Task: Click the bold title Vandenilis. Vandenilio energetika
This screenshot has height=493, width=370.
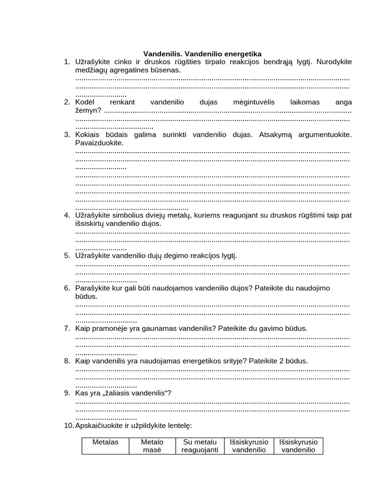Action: coord(202,54)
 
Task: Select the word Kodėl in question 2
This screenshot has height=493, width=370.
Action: coord(85,103)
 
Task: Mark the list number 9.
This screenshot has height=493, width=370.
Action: coord(66,393)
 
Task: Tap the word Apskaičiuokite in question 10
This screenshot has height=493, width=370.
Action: coord(100,426)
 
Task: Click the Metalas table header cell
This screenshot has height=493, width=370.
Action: coord(105,446)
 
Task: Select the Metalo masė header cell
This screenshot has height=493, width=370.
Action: coord(152,446)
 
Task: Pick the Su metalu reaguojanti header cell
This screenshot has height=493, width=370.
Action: coord(200,446)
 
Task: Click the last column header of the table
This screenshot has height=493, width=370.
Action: coord(298,446)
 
